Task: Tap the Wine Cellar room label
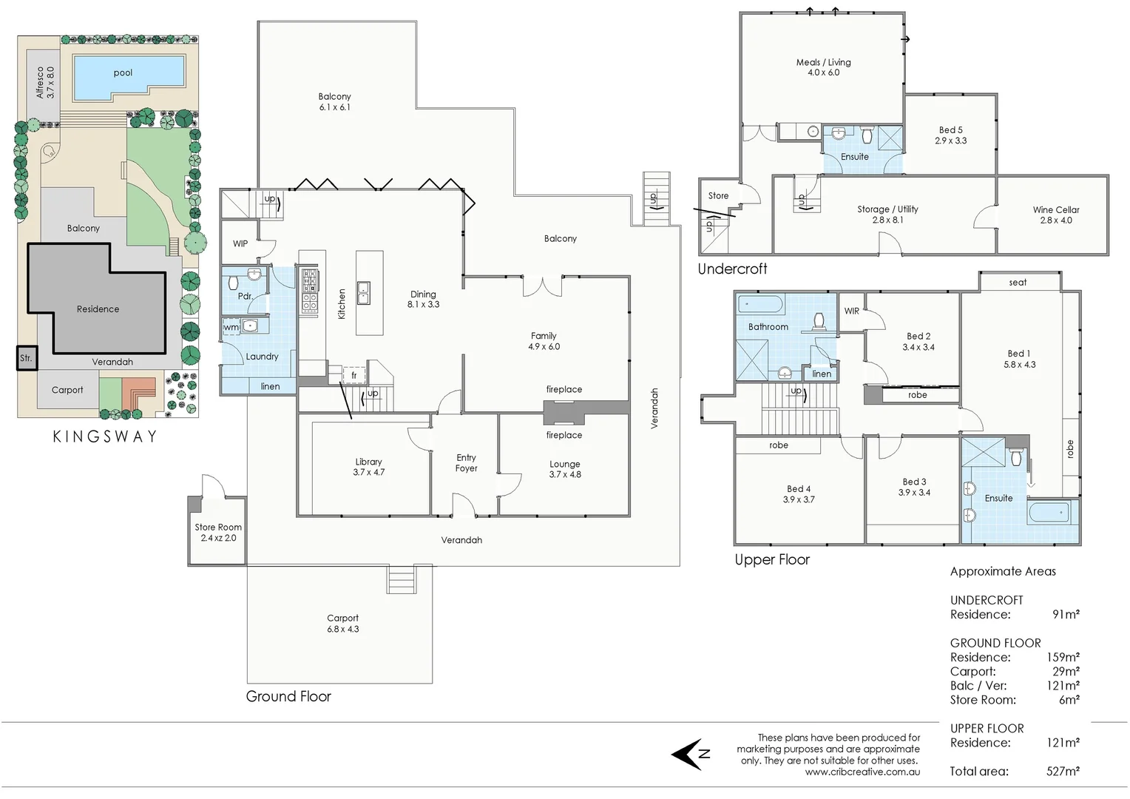pyautogui.click(x=1055, y=215)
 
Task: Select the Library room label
pyautogui.click(x=368, y=467)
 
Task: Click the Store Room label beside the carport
pyautogui.click(x=217, y=532)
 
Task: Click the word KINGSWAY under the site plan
pyautogui.click(x=105, y=436)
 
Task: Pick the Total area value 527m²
pyautogui.click(x=1062, y=771)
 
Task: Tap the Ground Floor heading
pyautogui.click(x=288, y=696)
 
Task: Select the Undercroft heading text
pyautogui.click(x=732, y=269)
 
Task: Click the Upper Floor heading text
pyautogui.click(x=772, y=560)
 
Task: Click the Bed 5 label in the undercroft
pyautogui.click(x=950, y=135)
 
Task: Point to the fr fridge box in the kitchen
pyautogui.click(x=354, y=376)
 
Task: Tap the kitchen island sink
pyautogui.click(x=363, y=293)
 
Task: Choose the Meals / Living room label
pyautogui.click(x=823, y=67)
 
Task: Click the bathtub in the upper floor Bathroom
pyautogui.click(x=761, y=304)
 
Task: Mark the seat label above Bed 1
pyautogui.click(x=1018, y=283)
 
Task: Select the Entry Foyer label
pyautogui.click(x=466, y=463)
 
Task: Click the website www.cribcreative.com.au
pyautogui.click(x=862, y=772)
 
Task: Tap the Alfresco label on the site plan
pyautogui.click(x=45, y=83)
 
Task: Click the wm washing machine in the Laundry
pyautogui.click(x=231, y=327)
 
